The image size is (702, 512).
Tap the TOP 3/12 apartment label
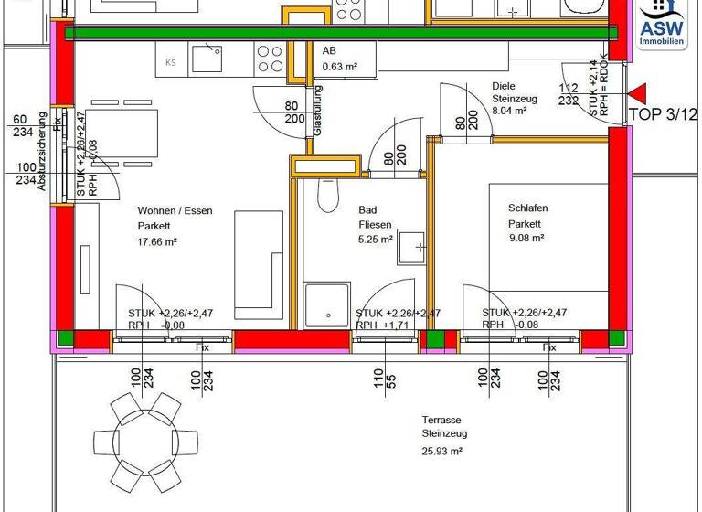point(663,115)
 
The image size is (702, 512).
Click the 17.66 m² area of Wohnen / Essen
point(157,242)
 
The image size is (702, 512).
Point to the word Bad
point(367,209)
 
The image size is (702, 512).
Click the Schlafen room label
point(527,208)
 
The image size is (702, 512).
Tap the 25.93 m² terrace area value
point(441,452)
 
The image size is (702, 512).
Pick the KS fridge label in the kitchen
point(171,62)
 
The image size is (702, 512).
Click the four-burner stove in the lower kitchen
point(270,59)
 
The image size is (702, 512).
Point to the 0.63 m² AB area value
point(338,65)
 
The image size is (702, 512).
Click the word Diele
point(505,87)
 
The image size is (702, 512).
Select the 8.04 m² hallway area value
point(510,111)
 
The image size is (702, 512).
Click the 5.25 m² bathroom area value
point(375,240)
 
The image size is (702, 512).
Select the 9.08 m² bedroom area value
point(526,238)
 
